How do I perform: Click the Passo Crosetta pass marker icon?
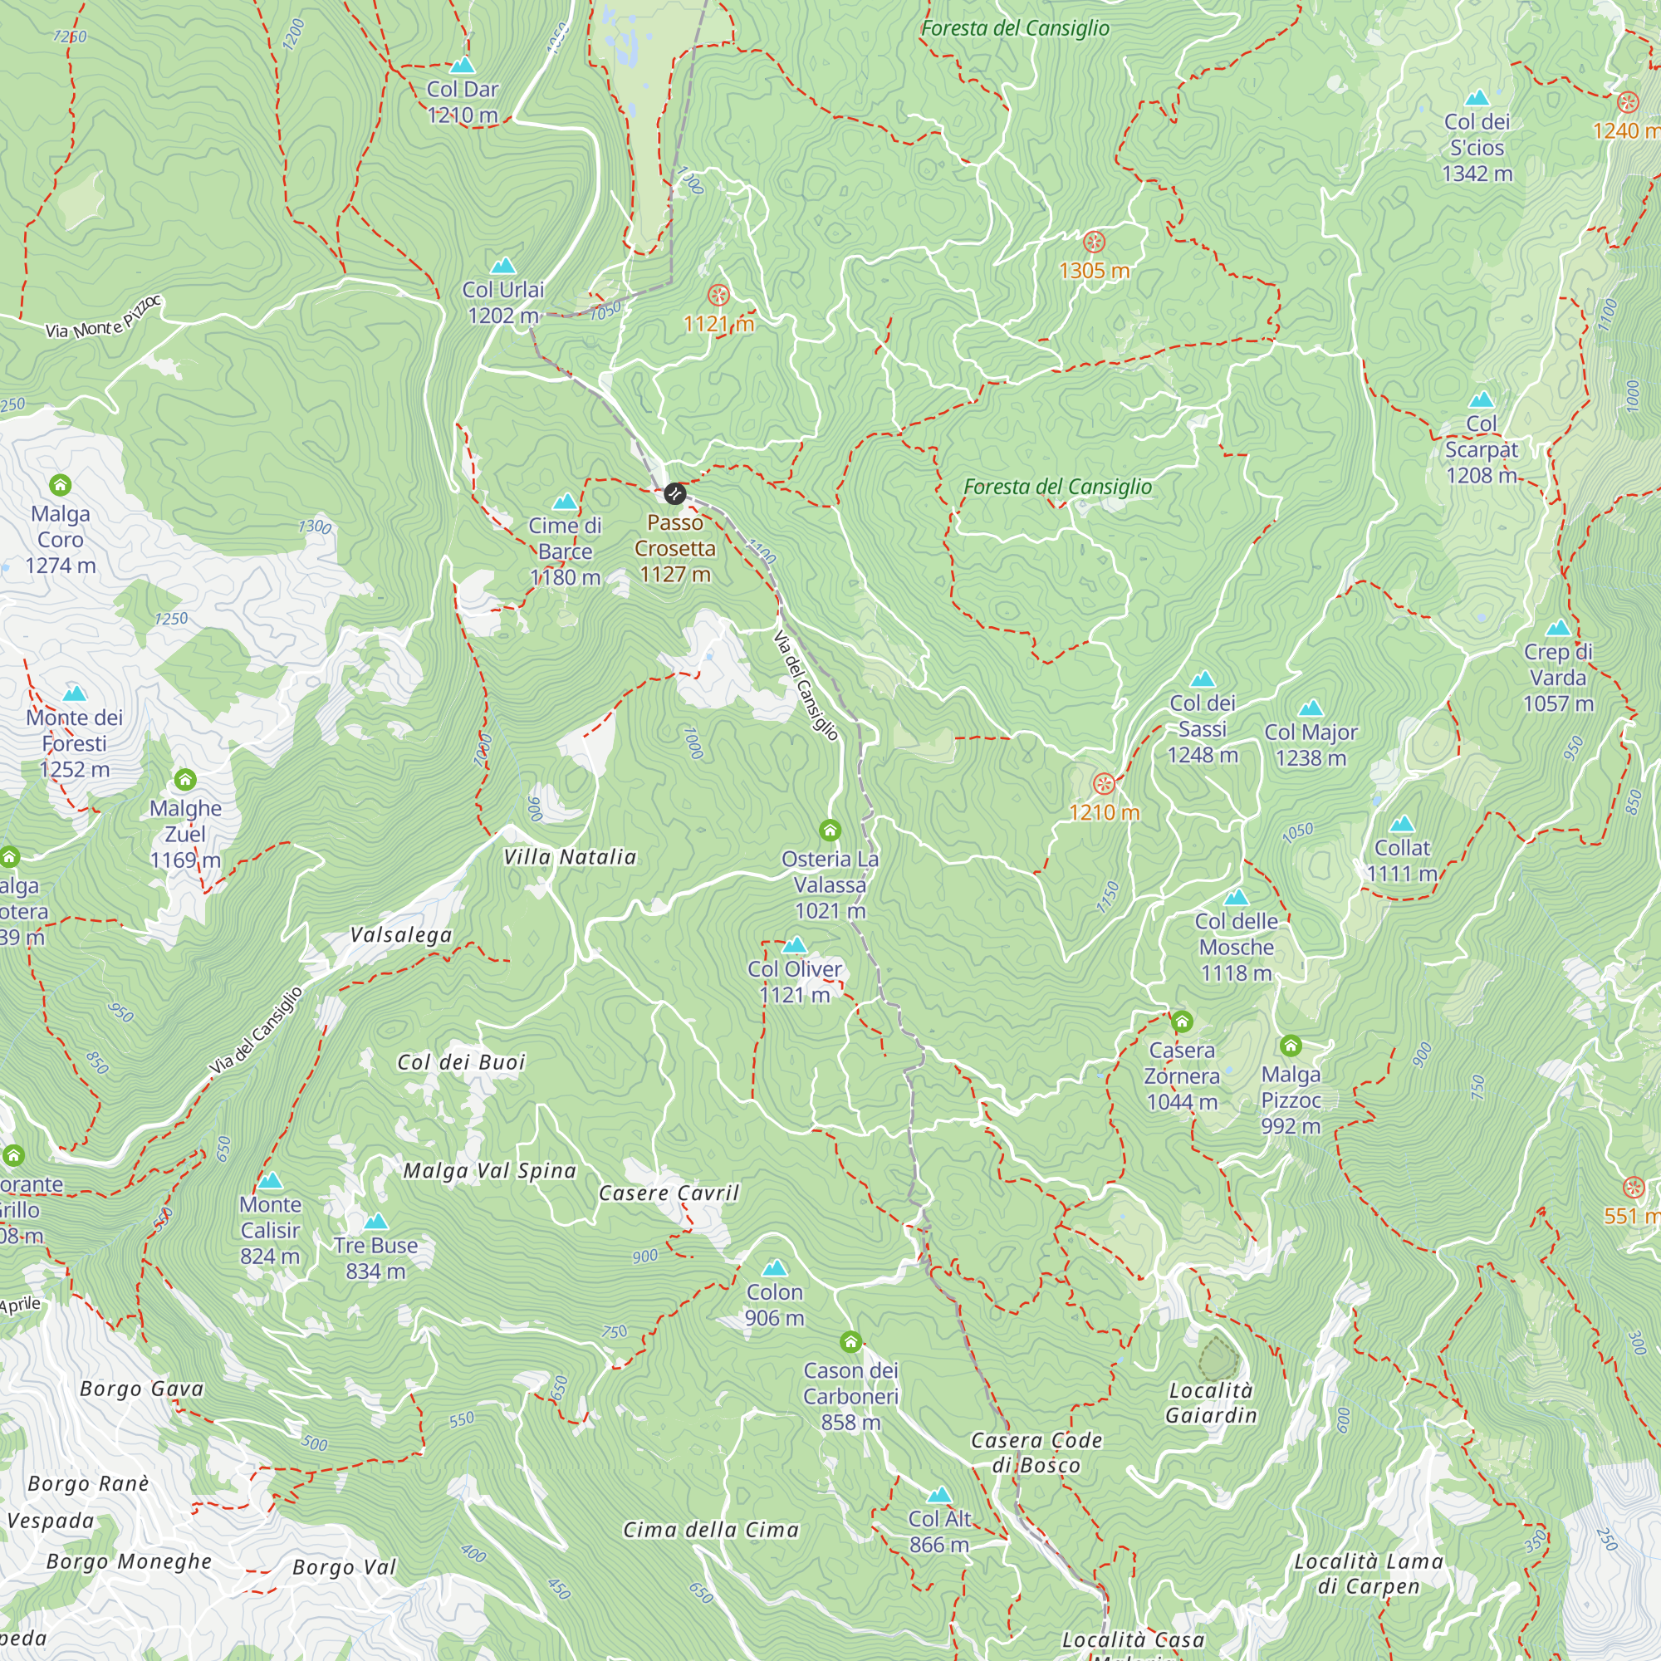674,493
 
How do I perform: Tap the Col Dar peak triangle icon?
463,66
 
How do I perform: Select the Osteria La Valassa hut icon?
830,830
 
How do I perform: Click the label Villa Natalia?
570,857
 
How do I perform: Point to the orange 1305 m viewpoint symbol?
1094,242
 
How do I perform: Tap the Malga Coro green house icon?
60,485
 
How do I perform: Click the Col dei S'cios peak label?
1477,147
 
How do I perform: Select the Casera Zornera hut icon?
1182,1022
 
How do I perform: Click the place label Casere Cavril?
669,1193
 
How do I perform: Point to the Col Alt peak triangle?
939,1496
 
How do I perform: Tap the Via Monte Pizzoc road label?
103,318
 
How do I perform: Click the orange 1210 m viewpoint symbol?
1104,784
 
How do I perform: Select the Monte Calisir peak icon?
270,1181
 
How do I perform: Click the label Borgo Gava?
142,1389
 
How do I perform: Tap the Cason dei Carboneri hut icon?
850,1342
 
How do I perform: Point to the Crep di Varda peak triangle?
1558,629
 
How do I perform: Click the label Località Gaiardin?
1211,1402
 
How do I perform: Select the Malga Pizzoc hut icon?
1291,1046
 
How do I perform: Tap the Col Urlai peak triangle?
503,266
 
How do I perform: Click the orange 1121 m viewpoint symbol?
718,296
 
